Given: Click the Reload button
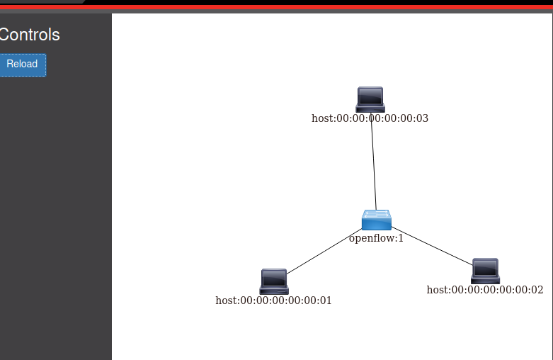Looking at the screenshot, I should (22, 64).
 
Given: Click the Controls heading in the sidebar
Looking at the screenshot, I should (29, 35).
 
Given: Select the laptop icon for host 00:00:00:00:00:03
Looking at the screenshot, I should (370, 100).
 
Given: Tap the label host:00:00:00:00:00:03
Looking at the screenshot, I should (370, 118).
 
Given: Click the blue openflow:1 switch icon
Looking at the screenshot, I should (376, 220).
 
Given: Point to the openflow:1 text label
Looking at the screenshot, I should (376, 238).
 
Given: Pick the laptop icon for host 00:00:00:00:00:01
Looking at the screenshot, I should (274, 281).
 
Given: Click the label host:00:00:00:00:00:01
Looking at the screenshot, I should (273, 300).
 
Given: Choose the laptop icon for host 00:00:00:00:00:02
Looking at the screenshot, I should (485, 271).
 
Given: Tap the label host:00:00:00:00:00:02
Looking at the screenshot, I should (485, 290).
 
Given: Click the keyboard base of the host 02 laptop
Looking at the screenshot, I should (485, 280).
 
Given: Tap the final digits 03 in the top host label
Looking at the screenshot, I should (422, 118).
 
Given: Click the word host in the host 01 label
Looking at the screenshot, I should (227, 300).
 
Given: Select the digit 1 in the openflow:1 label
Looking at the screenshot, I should (401, 238).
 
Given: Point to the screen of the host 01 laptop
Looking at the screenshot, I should (274, 278).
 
